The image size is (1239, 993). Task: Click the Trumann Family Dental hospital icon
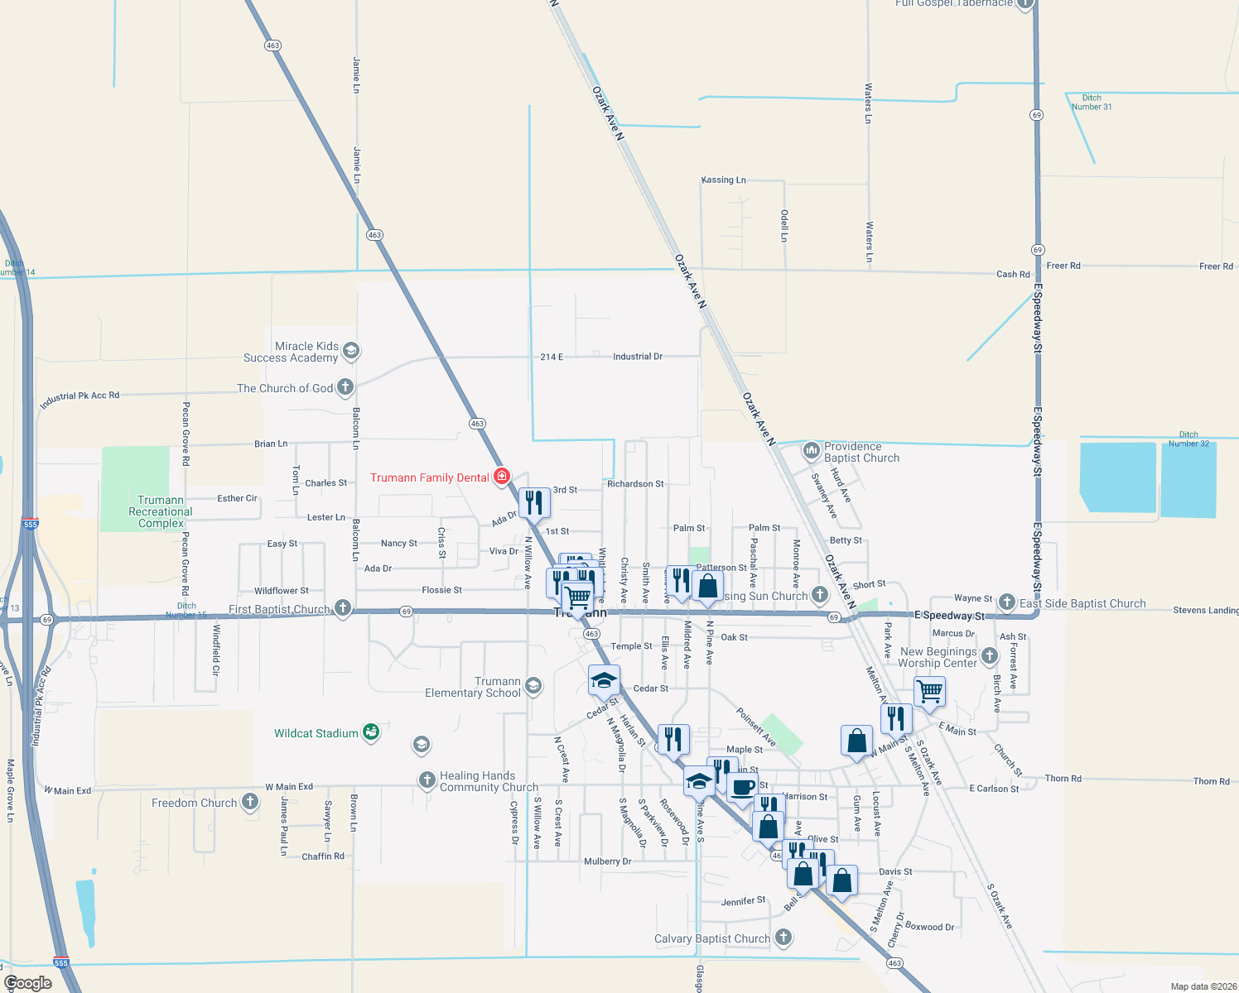coord(501,477)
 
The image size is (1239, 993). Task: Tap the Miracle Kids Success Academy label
coord(291,353)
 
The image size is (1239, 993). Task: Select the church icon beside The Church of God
coord(345,387)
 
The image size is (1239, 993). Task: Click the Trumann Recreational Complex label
coord(161,511)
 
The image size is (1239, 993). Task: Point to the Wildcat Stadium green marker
coord(371,732)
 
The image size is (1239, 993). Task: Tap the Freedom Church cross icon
coord(249,802)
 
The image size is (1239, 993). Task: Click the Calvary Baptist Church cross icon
coord(783,938)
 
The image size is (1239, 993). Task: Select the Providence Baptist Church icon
coord(811,451)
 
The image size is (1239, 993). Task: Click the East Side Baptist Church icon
coord(1006,602)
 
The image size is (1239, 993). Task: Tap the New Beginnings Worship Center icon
coord(989,657)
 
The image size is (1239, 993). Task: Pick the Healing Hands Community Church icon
coord(427,780)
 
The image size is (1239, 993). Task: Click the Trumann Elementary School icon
coord(533,685)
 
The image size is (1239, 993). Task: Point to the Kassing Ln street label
coord(723,180)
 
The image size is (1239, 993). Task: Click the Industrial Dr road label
coord(637,357)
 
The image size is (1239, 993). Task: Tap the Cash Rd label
coord(1013,274)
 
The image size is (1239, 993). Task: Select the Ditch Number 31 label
coord(1092,102)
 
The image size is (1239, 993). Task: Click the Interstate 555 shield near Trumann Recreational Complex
coord(31,524)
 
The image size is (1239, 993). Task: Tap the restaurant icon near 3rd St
coord(534,501)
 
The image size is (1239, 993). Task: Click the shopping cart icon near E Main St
coord(929,690)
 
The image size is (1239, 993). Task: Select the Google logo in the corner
coord(28,983)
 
